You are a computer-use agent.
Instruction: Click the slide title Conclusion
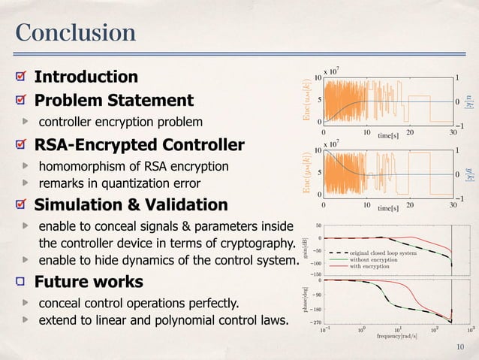click(x=75, y=33)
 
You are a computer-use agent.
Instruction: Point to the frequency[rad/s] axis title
click(x=387, y=336)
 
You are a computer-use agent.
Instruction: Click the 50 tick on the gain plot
click(x=318, y=225)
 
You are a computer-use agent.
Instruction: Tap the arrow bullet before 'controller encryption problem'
click(x=26, y=120)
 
